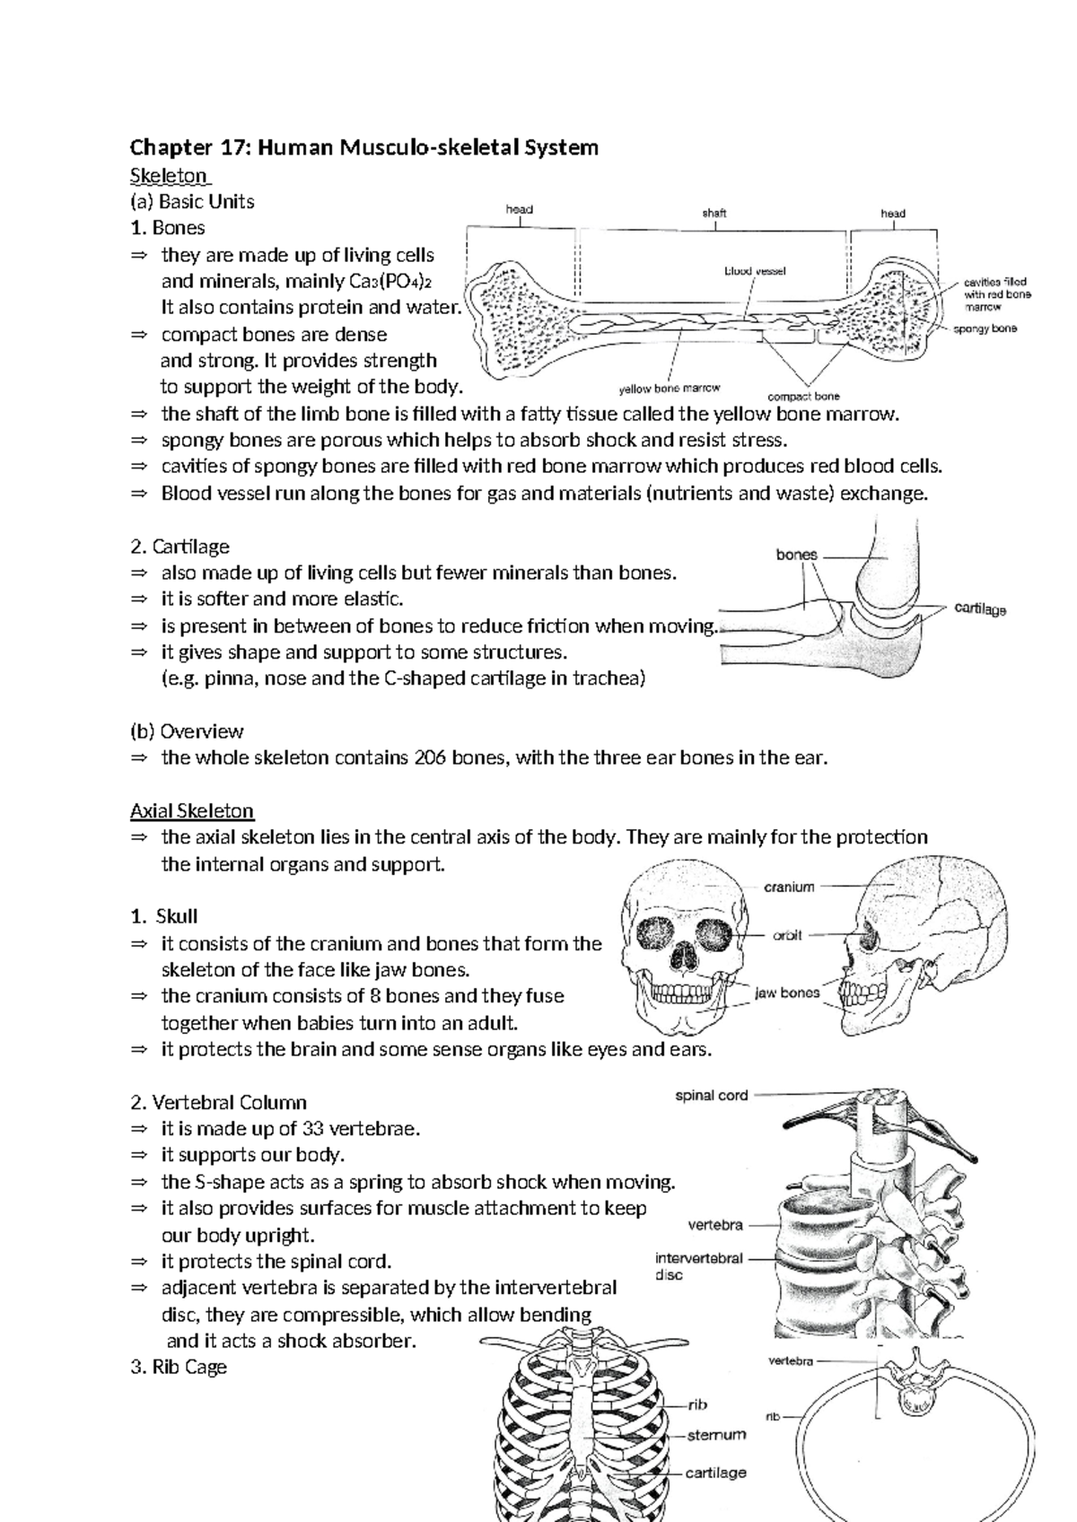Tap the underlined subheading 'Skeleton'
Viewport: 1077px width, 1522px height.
tap(169, 174)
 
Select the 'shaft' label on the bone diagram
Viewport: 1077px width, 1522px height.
tap(714, 214)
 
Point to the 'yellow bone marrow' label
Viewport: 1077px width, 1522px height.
tap(670, 389)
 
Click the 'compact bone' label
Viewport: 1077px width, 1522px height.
tap(804, 396)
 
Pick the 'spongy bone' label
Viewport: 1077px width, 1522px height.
tap(985, 329)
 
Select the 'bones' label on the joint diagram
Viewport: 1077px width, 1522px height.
tap(796, 555)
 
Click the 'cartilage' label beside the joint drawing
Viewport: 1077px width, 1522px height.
tap(980, 609)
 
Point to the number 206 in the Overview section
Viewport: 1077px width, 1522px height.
tap(428, 757)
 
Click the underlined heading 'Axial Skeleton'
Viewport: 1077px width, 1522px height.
tap(192, 811)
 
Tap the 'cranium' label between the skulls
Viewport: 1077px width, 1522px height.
tap(789, 887)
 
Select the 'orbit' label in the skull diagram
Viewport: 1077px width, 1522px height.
tap(787, 935)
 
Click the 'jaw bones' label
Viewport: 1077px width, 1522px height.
tap(786, 993)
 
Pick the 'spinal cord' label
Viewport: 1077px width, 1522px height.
tap(711, 1095)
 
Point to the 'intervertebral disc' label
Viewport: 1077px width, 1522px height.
tap(698, 1266)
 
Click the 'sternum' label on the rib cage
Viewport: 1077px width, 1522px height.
tap(716, 1435)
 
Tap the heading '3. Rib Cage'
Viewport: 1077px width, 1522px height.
tap(179, 1368)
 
